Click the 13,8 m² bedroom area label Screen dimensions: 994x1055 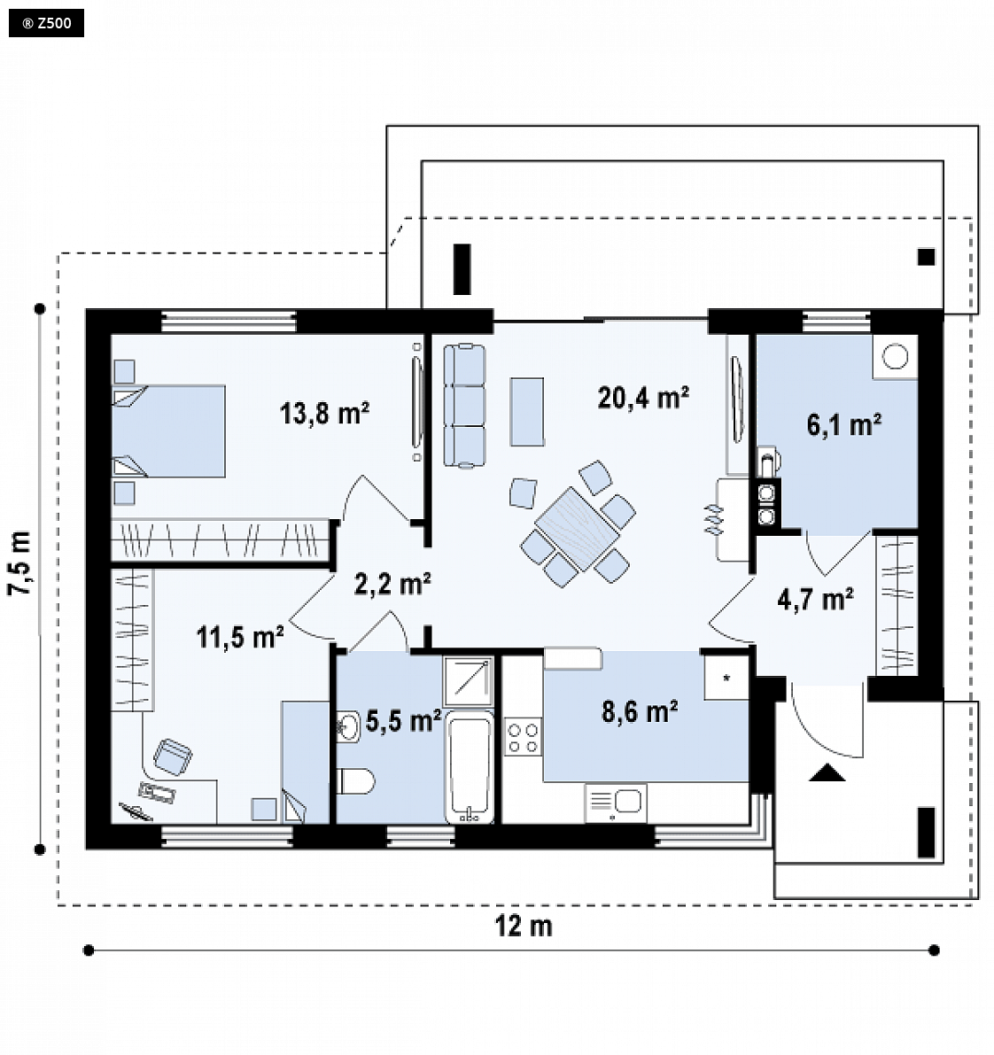pyautogui.click(x=324, y=413)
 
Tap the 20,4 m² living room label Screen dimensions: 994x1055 pyautogui.click(x=642, y=398)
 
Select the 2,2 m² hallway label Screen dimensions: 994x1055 pyautogui.click(x=392, y=584)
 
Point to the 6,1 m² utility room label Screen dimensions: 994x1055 pyautogui.click(x=844, y=424)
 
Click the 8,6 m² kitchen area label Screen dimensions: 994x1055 pyautogui.click(x=640, y=712)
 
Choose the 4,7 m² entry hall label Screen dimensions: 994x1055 pyautogui.click(x=816, y=598)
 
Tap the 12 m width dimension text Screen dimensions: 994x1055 pyautogui.click(x=524, y=927)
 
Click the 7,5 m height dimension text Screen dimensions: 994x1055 pyautogui.click(x=20, y=563)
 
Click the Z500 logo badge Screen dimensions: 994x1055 pyautogui.click(x=46, y=24)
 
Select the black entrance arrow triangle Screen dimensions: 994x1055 pyautogui.click(x=827, y=773)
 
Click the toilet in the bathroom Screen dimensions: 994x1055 pyautogui.click(x=355, y=781)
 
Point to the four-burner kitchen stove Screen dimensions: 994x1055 pyautogui.click(x=523, y=737)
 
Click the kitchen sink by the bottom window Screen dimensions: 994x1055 pyautogui.click(x=617, y=803)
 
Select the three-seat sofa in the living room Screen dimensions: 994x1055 pyautogui.click(x=463, y=405)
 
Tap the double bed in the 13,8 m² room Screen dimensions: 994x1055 pyautogui.click(x=168, y=431)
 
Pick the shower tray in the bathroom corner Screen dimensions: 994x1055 pyautogui.click(x=469, y=680)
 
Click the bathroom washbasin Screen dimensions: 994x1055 pyautogui.click(x=348, y=727)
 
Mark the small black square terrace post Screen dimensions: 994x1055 pyautogui.click(x=926, y=256)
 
